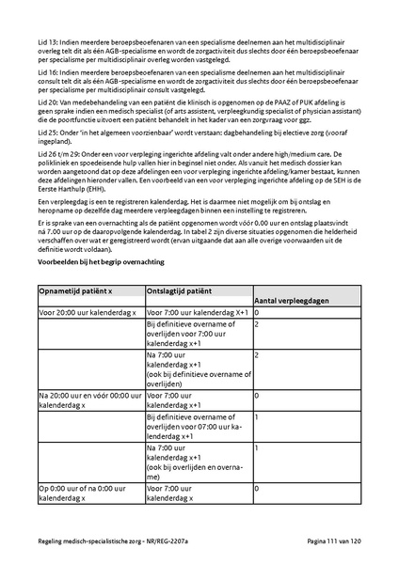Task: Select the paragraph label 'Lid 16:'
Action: click(48, 72)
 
